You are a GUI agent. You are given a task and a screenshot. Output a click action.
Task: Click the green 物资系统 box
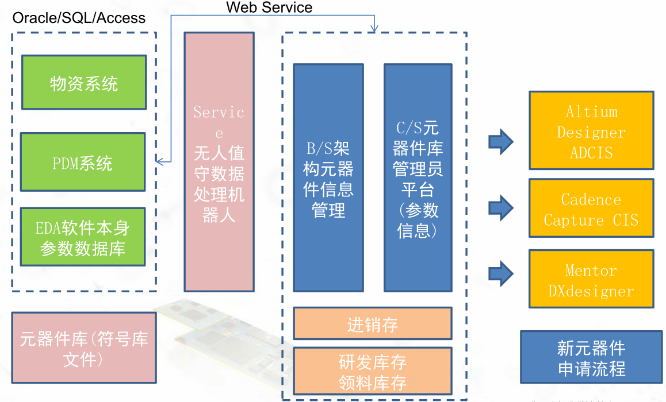[83, 82]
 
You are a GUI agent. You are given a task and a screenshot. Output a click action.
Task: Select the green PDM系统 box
[83, 163]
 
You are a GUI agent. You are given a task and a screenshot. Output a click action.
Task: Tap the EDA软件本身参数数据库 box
[83, 238]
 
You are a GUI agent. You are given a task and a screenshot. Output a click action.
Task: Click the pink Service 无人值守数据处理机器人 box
[219, 161]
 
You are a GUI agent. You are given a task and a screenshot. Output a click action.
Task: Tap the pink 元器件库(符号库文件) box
[84, 347]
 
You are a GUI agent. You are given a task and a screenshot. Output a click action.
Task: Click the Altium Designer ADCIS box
[591, 130]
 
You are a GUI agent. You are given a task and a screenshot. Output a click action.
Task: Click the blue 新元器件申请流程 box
[591, 357]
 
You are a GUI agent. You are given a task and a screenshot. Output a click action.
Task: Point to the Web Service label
[269, 7]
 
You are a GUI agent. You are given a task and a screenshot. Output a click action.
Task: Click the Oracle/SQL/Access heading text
[79, 18]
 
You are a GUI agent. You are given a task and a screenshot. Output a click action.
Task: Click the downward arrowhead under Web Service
[375, 28]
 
